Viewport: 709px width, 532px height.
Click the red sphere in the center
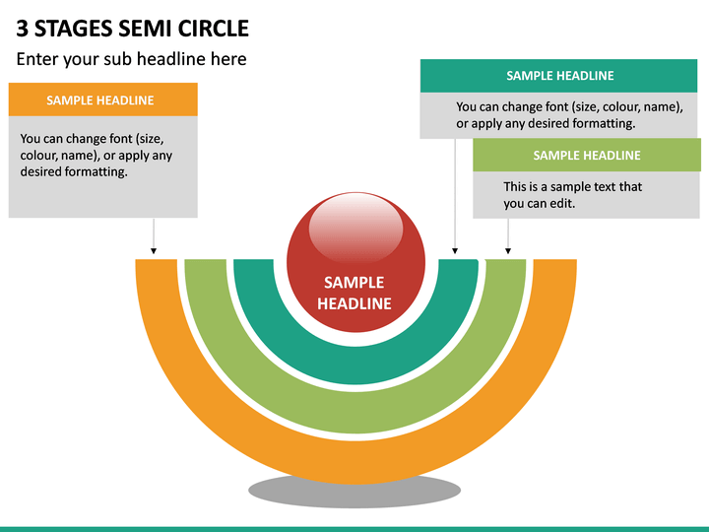click(355, 262)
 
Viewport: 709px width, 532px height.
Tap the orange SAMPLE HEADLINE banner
click(103, 100)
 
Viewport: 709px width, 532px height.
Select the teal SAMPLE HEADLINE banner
click(559, 76)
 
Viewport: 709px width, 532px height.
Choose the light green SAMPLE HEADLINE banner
click(587, 156)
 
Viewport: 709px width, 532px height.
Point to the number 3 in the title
click(22, 29)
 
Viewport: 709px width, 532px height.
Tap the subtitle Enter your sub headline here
click(132, 59)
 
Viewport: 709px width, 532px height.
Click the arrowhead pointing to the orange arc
click(154, 250)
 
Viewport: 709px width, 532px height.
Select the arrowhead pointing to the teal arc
click(455, 250)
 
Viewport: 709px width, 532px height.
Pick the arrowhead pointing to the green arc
click(508, 250)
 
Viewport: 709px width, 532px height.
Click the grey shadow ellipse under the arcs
click(354, 494)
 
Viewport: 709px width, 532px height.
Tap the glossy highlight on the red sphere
click(355, 229)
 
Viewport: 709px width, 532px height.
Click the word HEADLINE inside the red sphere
click(354, 303)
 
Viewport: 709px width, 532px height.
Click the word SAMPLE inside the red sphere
click(354, 283)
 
